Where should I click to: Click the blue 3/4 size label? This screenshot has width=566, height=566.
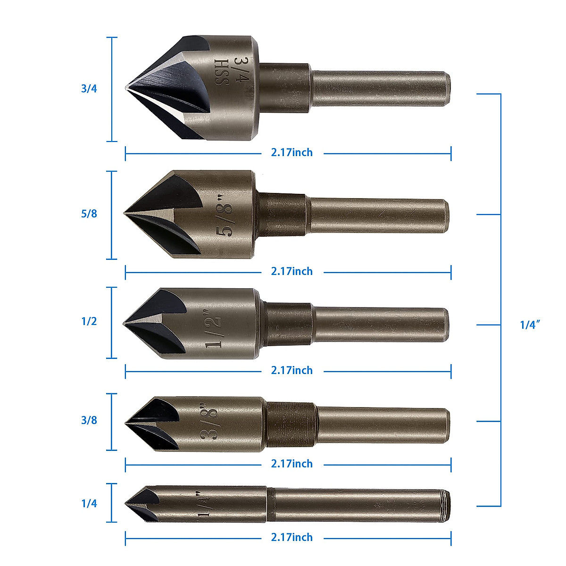click(x=89, y=89)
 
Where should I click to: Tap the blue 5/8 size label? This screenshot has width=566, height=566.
click(x=89, y=214)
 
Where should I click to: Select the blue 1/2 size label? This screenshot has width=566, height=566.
click(x=89, y=322)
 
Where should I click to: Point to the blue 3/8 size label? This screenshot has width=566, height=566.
click(x=89, y=420)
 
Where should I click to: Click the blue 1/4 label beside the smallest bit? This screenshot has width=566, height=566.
click(x=89, y=504)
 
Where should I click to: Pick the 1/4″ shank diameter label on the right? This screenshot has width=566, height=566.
click(x=530, y=325)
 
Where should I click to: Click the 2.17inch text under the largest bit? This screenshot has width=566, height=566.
click(x=291, y=153)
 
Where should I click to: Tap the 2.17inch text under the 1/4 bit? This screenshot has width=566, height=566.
click(x=291, y=538)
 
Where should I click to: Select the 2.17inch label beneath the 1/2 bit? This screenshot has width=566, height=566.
click(x=291, y=371)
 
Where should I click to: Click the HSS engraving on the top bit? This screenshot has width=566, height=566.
click(x=222, y=72)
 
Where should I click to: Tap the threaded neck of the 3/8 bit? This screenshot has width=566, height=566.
click(x=290, y=424)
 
